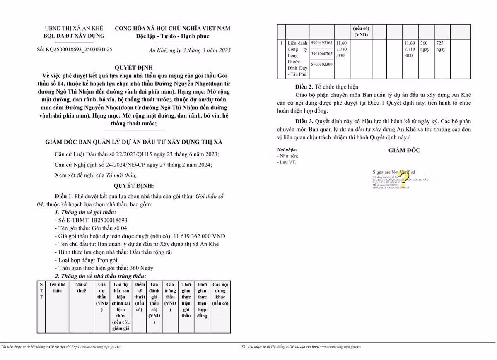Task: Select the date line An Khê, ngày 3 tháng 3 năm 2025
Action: pos(189,50)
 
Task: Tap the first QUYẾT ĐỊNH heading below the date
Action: pos(133,67)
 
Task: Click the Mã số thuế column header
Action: pos(82,288)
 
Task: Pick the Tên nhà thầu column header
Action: pos(57,288)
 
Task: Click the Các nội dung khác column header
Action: pos(220,294)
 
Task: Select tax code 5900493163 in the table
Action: pos(321,43)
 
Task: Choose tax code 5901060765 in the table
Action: pos(321,53)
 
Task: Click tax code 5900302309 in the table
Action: pos(321,64)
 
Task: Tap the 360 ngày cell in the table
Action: pos(425,46)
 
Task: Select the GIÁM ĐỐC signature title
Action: pos(404,151)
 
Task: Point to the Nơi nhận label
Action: pos(287,149)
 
